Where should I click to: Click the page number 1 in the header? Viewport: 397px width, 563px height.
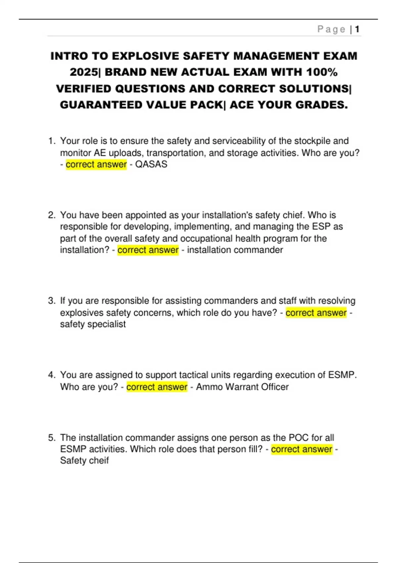pos(357,29)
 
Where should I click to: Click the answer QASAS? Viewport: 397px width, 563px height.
pos(151,164)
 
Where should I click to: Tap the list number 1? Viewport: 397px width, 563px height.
pos(51,141)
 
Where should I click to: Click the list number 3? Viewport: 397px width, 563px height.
pos(51,301)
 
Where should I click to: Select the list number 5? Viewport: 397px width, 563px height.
pos(51,438)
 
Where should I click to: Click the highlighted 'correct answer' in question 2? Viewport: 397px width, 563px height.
pos(148,250)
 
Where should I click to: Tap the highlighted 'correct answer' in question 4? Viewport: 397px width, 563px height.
pos(157,387)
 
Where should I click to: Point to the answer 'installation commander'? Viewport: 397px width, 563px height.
pos(235,250)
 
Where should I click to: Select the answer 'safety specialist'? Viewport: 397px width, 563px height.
pos(93,324)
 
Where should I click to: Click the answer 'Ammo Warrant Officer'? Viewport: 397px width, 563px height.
pos(242,387)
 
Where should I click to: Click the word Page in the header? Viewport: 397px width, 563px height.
pos(331,29)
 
